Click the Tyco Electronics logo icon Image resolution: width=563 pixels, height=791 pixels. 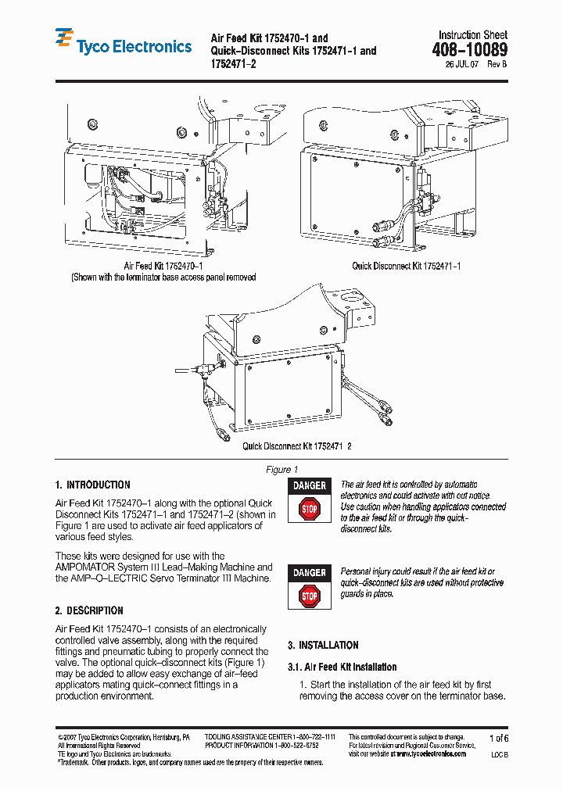(x=64, y=41)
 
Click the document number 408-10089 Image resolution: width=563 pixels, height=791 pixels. (x=469, y=51)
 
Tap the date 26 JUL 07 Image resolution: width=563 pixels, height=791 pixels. (x=461, y=66)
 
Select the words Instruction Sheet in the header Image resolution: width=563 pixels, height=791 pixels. (x=472, y=35)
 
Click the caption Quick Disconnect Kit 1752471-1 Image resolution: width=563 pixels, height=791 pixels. (x=406, y=267)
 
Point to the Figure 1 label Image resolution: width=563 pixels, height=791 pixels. (x=282, y=470)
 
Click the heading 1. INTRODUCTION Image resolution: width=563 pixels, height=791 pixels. (x=92, y=485)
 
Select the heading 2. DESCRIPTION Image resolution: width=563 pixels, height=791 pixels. (x=89, y=610)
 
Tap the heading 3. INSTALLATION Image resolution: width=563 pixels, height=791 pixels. (x=323, y=645)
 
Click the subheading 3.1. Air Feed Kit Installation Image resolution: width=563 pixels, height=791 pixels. (x=342, y=667)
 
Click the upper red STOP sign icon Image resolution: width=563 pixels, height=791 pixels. (x=310, y=510)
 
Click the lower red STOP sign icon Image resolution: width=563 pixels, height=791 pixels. (x=310, y=596)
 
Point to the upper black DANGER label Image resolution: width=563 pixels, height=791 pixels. (x=310, y=485)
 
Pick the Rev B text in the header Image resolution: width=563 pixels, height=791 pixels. (x=497, y=66)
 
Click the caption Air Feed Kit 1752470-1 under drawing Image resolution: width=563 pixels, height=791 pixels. (x=163, y=267)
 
